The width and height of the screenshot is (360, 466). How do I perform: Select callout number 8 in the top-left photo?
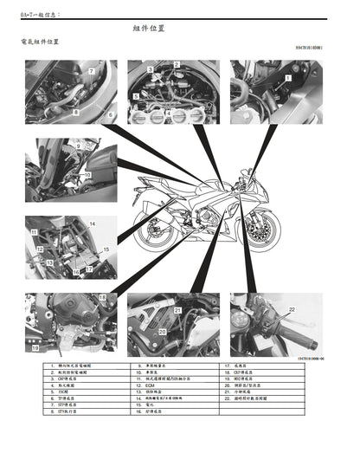click(x=76, y=111)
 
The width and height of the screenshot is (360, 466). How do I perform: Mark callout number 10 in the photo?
click(x=86, y=175)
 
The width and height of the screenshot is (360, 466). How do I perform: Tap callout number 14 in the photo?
click(x=115, y=224)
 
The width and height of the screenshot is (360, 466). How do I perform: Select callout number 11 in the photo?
click(x=34, y=233)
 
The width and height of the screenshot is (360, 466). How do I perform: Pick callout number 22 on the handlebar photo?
click(x=292, y=309)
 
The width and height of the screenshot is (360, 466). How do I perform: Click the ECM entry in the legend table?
click(x=149, y=385)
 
